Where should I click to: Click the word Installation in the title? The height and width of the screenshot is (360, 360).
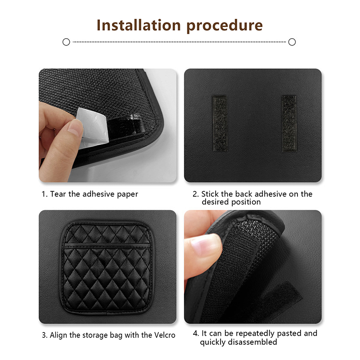[x=139, y=25]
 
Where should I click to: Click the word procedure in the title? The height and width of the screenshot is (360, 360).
[x=225, y=26]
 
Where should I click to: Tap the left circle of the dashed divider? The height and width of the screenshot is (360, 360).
[x=66, y=42]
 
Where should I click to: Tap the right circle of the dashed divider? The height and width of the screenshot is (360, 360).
[x=292, y=42]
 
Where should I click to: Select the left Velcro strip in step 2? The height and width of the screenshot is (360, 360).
[x=220, y=123]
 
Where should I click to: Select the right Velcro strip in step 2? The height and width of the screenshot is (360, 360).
[x=289, y=123]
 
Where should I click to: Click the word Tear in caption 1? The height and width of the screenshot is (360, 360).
[x=58, y=194]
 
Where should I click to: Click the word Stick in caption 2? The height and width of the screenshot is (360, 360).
[x=210, y=194]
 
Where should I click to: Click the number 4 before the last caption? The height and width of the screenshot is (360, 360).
[x=195, y=333]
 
